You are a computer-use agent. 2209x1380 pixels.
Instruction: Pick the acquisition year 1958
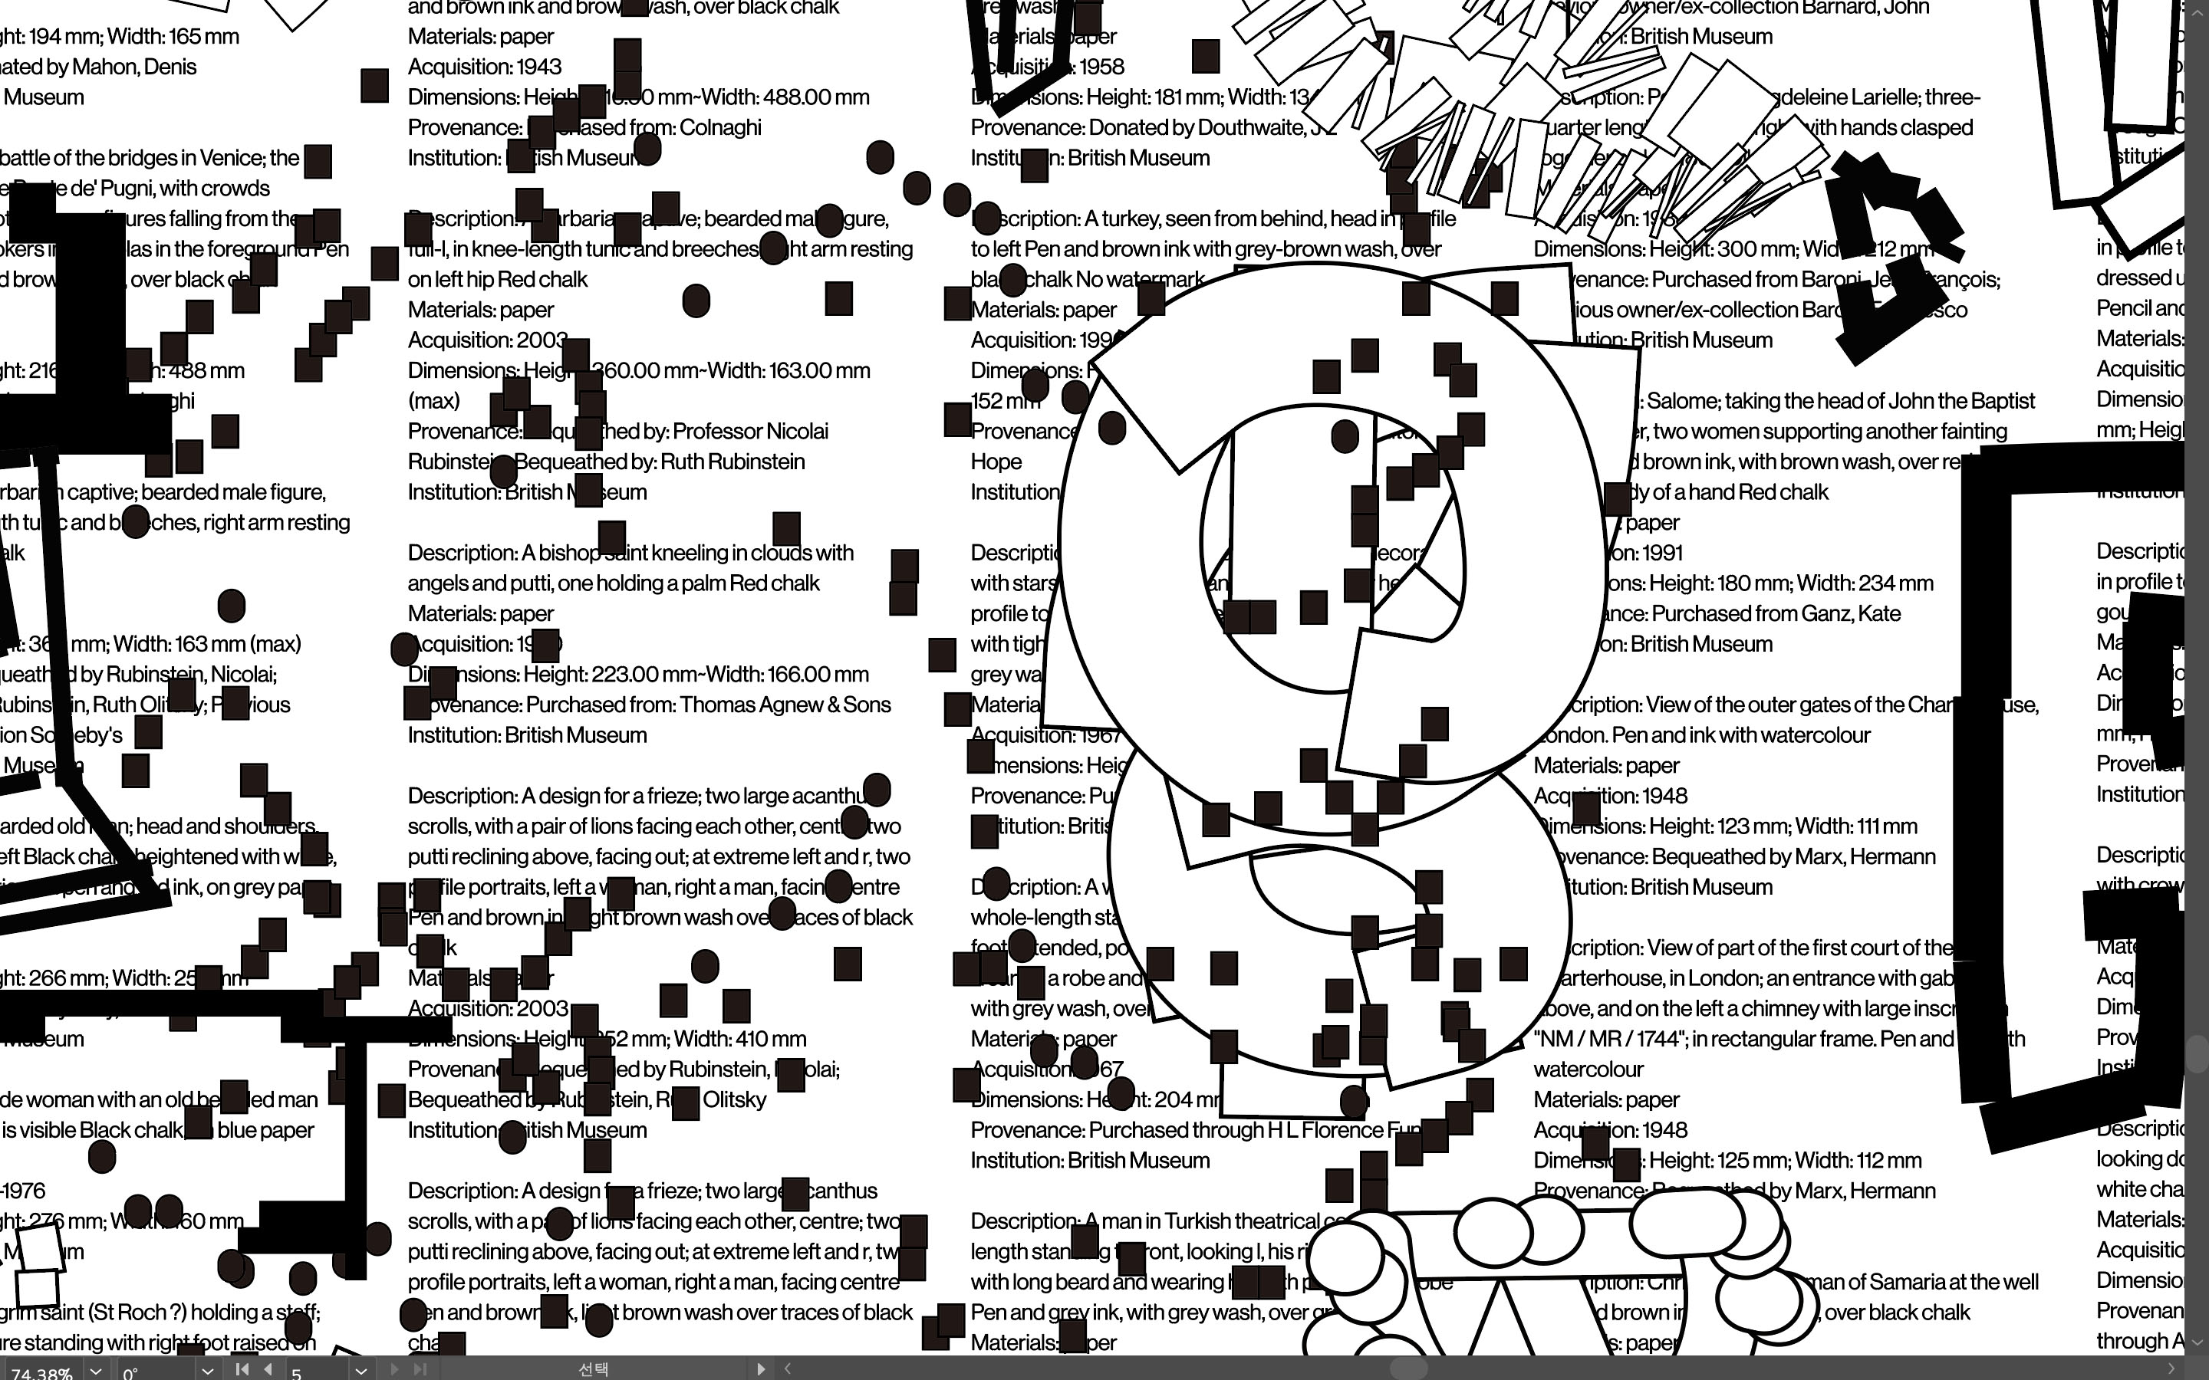[x=1101, y=67]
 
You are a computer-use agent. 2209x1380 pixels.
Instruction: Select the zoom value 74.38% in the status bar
[x=41, y=1372]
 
